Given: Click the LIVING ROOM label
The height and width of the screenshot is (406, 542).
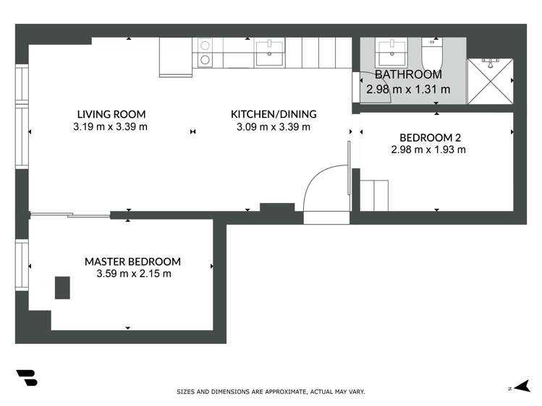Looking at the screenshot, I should pyautogui.click(x=111, y=114).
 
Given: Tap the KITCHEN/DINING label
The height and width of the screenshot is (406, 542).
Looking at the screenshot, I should pyautogui.click(x=274, y=114).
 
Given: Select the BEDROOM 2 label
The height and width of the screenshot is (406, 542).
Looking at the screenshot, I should pyautogui.click(x=430, y=137).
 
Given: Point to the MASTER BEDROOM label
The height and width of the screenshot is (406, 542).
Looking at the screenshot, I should pyautogui.click(x=132, y=262).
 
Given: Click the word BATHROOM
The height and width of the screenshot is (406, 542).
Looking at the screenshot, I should pyautogui.click(x=408, y=74).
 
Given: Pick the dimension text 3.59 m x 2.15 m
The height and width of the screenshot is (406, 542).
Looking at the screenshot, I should pyautogui.click(x=133, y=274).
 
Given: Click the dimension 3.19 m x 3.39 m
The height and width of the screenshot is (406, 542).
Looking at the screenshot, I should pyautogui.click(x=110, y=127).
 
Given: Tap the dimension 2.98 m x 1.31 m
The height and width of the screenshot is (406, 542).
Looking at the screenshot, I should pyautogui.click(x=408, y=90).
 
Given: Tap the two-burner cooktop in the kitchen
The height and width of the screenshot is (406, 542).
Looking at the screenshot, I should pyautogui.click(x=205, y=52).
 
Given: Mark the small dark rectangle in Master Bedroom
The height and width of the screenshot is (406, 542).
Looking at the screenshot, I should pyautogui.click(x=63, y=287).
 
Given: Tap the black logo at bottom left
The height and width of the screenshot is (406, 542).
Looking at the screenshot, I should pyautogui.click(x=27, y=379).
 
